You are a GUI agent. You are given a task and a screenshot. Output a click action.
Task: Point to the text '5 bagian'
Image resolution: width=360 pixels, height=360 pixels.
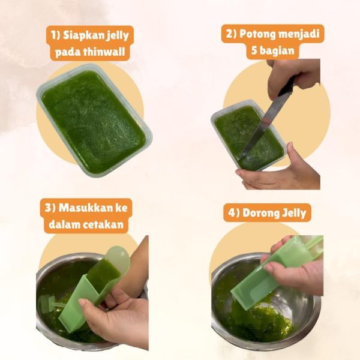click(x=273, y=50)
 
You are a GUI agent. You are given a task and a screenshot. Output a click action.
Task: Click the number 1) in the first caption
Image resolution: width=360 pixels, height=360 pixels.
click(x=56, y=35)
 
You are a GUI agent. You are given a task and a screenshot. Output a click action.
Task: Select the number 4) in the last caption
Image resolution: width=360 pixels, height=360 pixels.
click(x=234, y=213)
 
